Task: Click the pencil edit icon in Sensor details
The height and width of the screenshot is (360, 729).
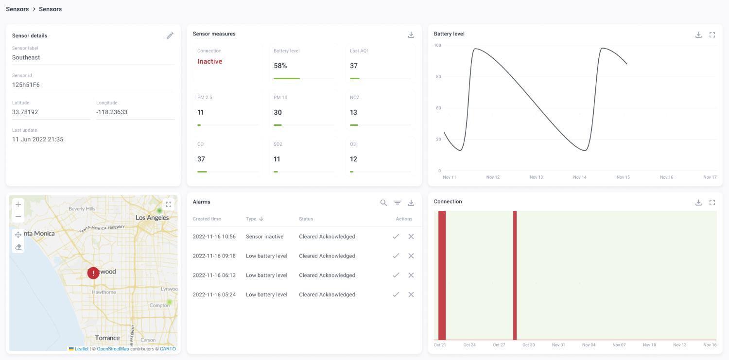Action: point(170,35)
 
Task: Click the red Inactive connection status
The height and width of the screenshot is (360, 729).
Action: point(209,62)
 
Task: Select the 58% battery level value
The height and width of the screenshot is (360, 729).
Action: point(280,66)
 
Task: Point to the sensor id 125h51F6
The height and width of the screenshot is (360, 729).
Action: point(26,85)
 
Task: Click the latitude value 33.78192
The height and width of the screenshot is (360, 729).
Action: point(25,112)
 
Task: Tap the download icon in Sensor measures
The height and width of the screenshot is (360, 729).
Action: point(411,35)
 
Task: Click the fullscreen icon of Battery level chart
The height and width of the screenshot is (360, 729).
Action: point(712,35)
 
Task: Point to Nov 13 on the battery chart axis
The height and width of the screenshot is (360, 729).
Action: point(536,177)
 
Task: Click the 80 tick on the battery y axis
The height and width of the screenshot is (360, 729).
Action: point(438,77)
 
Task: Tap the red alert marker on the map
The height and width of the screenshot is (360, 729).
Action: point(93,273)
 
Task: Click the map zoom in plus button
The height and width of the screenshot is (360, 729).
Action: point(18,205)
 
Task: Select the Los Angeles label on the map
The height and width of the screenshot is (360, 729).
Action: point(152,218)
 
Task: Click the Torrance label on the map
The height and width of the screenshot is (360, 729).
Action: point(107,338)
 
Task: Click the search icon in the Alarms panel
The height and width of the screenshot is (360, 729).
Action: point(383,203)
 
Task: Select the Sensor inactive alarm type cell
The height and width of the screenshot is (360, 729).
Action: point(264,237)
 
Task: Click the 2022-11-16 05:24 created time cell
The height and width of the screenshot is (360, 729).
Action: point(214,295)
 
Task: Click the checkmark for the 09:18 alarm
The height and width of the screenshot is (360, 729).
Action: point(396,256)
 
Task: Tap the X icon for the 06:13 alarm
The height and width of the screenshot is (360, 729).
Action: point(411,275)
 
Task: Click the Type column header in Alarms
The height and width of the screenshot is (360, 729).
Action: point(251,219)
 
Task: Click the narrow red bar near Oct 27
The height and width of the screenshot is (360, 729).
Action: point(515,275)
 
